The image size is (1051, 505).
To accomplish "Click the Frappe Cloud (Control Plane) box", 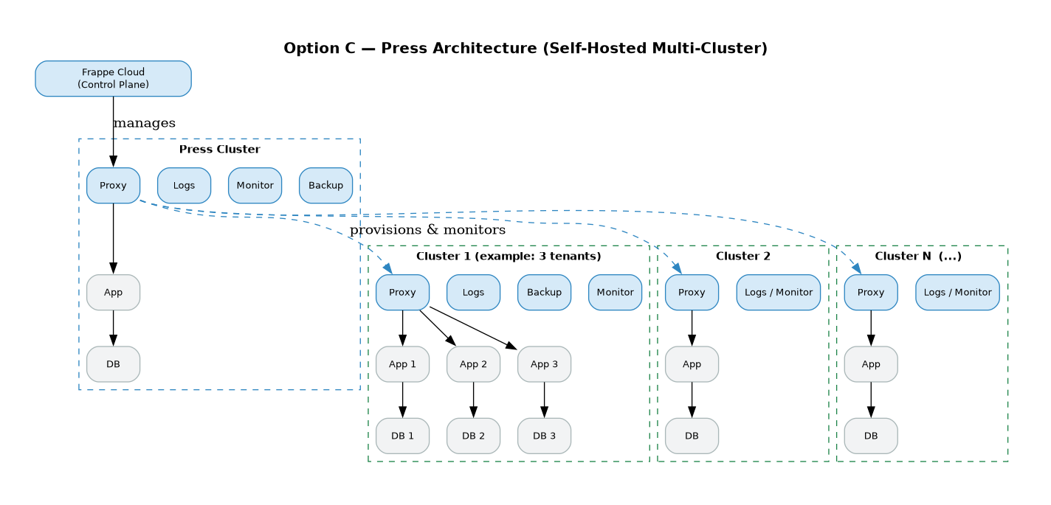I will (113, 78).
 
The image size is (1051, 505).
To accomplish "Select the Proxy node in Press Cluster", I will (113, 185).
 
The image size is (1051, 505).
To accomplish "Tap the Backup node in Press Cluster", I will (325, 185).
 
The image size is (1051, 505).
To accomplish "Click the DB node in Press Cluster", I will (113, 364).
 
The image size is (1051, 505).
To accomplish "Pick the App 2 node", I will (473, 364).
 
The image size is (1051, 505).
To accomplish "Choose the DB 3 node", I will (544, 436).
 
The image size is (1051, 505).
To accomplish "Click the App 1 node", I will (402, 364).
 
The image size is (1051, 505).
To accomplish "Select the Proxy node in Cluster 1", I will (402, 293).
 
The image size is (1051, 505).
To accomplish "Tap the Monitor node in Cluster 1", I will (615, 293).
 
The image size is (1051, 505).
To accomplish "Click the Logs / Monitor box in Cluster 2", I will (778, 293).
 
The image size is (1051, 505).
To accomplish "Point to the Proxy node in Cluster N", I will (871, 293).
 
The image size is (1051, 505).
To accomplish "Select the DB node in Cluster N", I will (871, 436).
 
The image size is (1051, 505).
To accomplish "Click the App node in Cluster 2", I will (692, 364).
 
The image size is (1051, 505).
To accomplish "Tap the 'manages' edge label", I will (144, 123).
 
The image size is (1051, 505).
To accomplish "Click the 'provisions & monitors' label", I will (427, 230).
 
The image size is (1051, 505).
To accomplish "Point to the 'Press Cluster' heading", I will (219, 150).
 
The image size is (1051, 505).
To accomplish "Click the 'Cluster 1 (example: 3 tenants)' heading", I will (509, 257).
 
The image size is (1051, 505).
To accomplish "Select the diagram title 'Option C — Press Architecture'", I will (525, 49).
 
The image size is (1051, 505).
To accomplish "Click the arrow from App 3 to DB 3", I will (544, 400).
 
